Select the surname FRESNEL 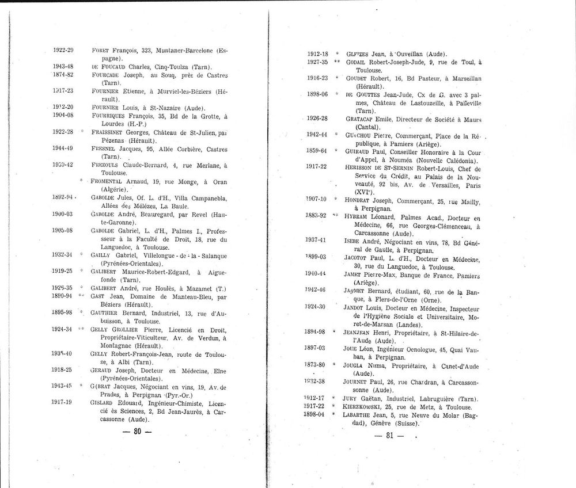pos(103,149)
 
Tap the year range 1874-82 pos(63,75)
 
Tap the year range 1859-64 pos(317,151)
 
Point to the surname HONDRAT pos(361,200)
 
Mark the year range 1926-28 pos(317,118)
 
